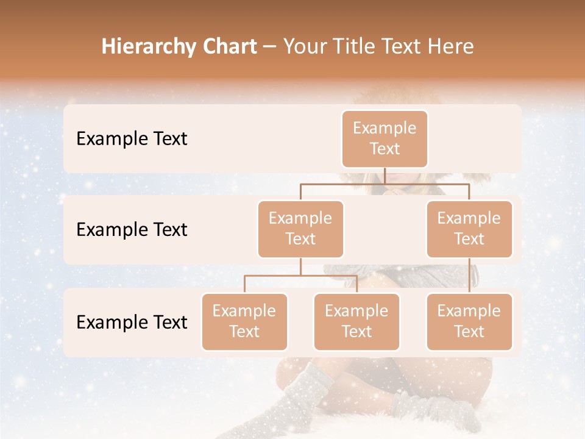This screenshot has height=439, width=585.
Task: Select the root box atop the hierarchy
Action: (385, 138)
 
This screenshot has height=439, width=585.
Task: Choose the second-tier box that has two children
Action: (300, 229)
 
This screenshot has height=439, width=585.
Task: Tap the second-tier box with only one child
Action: (469, 229)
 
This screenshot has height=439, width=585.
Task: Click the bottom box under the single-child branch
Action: (469, 321)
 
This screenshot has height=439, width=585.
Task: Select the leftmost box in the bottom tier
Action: (244, 321)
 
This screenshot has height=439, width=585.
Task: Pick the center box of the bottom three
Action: (356, 321)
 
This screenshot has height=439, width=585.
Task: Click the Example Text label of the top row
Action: (132, 139)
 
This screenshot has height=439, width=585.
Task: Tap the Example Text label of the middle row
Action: (132, 230)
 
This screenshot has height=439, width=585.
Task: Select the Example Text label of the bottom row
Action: (132, 322)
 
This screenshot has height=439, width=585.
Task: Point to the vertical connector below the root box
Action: (385, 176)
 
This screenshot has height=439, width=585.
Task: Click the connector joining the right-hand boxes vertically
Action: (469, 276)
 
